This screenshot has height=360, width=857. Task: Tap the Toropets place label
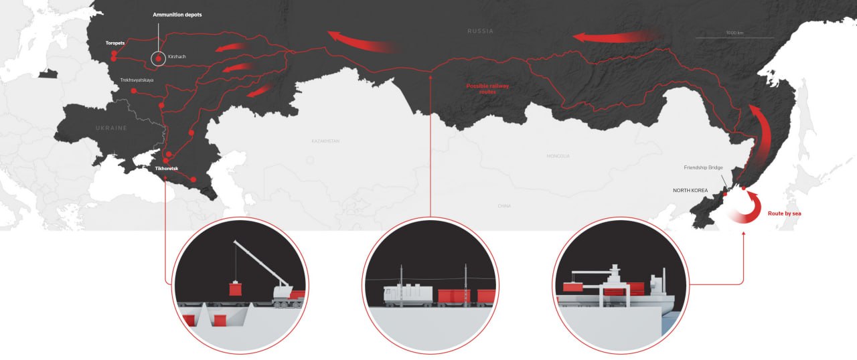point(115,43)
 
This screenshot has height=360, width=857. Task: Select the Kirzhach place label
point(177,57)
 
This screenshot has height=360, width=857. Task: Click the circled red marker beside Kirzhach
point(158,59)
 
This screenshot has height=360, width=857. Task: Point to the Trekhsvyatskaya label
point(137,80)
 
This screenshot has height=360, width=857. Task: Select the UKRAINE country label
point(110,127)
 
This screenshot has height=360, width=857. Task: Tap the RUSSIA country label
point(480,31)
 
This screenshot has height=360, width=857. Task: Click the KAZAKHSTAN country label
point(326,141)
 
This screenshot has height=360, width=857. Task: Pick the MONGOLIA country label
point(558,156)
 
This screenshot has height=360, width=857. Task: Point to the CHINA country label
point(504,206)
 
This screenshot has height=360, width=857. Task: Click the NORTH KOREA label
point(690,191)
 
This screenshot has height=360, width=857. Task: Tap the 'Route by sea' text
point(783,213)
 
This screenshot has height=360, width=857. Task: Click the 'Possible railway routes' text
point(486,90)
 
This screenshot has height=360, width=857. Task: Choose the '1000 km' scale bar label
point(735,33)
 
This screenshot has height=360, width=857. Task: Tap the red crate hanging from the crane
point(234,289)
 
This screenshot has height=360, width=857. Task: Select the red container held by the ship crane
point(575,287)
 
